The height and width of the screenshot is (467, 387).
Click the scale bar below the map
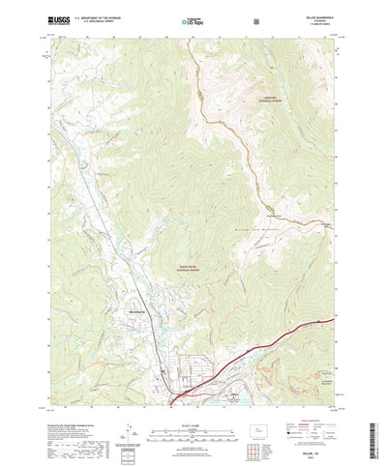click(x=193, y=405)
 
